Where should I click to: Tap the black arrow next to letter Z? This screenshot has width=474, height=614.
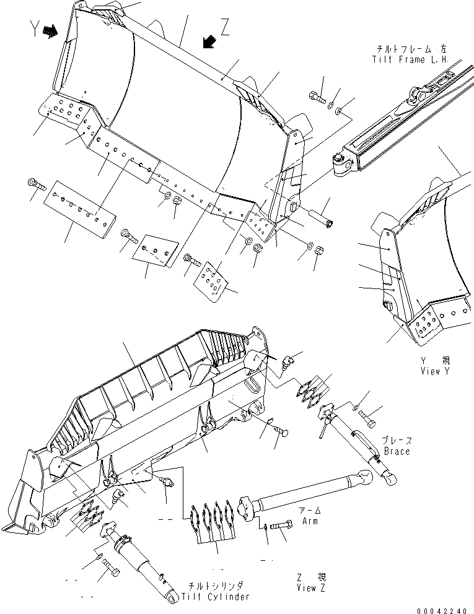(209, 41)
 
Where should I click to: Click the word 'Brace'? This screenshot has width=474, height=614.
(397, 452)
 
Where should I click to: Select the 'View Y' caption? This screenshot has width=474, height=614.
(434, 371)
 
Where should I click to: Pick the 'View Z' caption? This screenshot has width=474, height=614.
(311, 588)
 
